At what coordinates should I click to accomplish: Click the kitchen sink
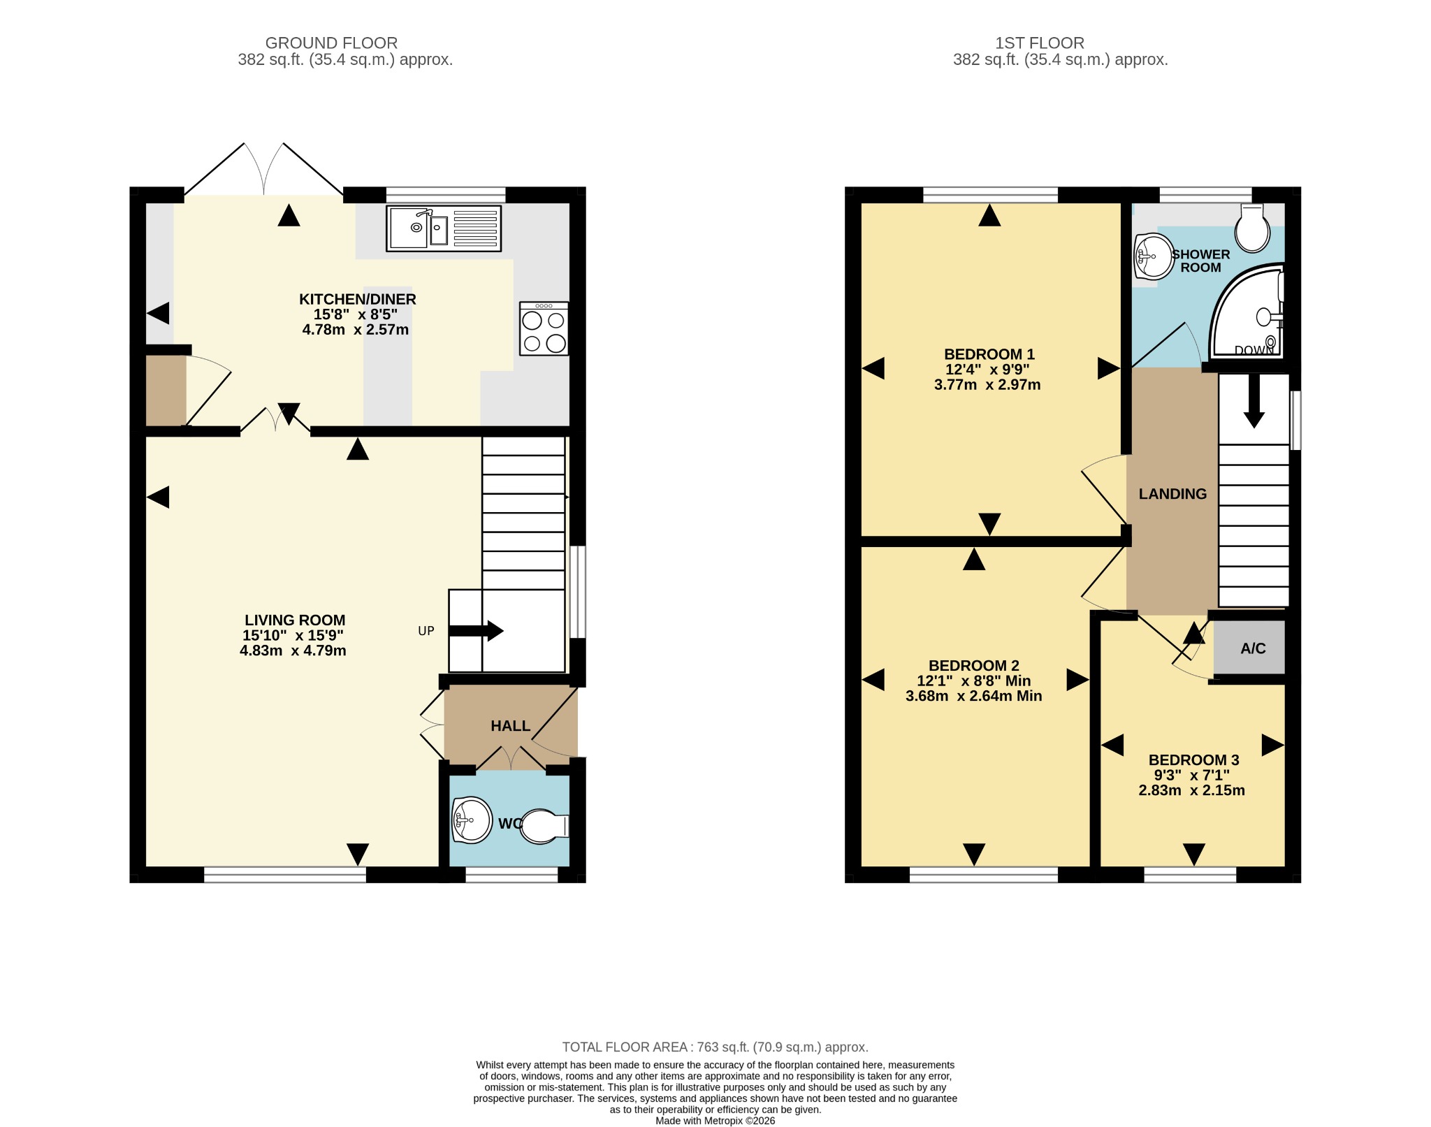click(x=444, y=228)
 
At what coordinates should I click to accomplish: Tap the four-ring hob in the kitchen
click(x=544, y=328)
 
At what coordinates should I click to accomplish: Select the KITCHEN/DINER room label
click(x=358, y=299)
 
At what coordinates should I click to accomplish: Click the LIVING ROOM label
click(x=295, y=620)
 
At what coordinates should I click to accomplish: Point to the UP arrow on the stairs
click(x=476, y=631)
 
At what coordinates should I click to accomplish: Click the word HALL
click(x=511, y=726)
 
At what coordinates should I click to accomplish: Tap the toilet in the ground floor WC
click(x=545, y=827)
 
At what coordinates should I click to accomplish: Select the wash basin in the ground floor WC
click(x=472, y=819)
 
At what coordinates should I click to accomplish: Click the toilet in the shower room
click(x=1253, y=228)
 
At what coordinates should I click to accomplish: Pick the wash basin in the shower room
click(x=1154, y=257)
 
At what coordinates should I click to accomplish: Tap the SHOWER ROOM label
click(x=1201, y=261)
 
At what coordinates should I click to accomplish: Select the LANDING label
click(x=1173, y=494)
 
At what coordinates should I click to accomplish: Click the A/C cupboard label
click(x=1253, y=648)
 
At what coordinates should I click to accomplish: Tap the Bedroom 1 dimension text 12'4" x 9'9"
click(x=987, y=370)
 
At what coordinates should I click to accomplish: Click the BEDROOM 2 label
click(x=974, y=666)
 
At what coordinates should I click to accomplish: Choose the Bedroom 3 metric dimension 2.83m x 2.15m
click(x=1192, y=790)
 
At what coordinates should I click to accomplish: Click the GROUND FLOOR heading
click(x=331, y=43)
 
